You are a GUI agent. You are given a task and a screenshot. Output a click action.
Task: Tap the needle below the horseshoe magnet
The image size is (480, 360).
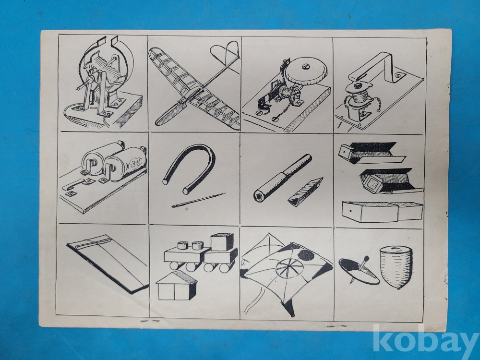tap(199, 200)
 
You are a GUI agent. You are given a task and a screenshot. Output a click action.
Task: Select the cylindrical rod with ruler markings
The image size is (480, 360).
tap(282, 178)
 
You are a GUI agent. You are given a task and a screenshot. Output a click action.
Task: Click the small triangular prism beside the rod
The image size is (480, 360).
tap(305, 192)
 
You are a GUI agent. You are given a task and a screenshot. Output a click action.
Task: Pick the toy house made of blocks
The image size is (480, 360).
tap(176, 285)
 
